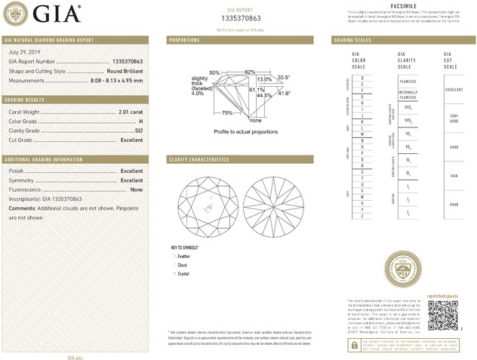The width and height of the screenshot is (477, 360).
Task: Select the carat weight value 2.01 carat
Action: coord(131,112)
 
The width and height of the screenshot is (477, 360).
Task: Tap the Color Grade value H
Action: coord(140,122)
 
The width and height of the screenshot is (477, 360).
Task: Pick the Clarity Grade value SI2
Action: coord(138,131)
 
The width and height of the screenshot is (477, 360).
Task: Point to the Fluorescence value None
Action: coord(137,189)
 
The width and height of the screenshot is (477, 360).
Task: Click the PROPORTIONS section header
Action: coord(184,39)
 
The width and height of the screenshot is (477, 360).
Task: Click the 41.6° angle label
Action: coord(284,93)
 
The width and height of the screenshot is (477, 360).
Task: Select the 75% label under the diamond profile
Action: coord(226,112)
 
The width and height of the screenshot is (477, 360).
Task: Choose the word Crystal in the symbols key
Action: coord(183,273)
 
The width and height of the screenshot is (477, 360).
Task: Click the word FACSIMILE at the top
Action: coord(401,5)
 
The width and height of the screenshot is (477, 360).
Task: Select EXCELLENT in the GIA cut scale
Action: coord(454,89)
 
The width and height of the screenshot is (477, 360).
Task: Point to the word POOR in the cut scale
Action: coord(453,204)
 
